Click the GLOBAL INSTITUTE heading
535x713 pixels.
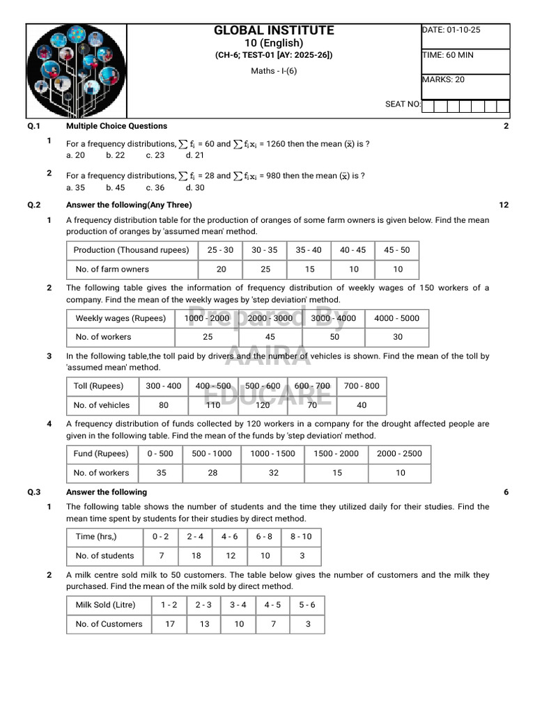click(274, 31)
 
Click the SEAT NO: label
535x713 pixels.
click(403, 104)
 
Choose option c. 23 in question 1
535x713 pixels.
click(155, 155)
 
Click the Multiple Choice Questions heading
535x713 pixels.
click(116, 126)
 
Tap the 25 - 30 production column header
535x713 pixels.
click(221, 250)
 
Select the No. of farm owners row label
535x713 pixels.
click(111, 269)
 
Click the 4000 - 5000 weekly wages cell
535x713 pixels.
click(396, 318)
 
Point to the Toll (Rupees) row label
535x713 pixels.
click(98, 386)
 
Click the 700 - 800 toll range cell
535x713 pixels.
click(362, 386)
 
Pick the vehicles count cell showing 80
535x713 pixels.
click(164, 405)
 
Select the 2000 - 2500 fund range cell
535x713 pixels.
click(399, 453)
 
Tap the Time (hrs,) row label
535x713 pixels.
click(96, 536)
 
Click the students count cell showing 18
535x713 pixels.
click(196, 556)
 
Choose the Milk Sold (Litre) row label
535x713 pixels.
click(106, 604)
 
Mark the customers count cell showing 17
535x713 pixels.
click(169, 624)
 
